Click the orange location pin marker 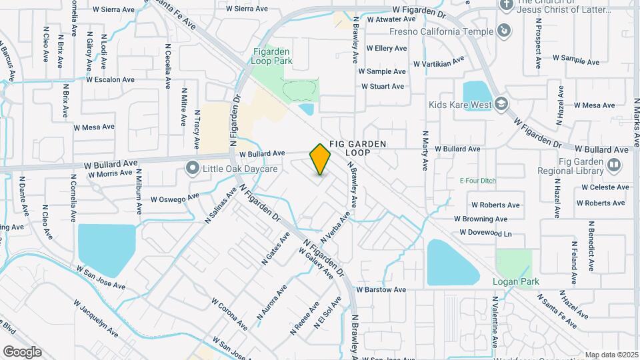pos(321,159)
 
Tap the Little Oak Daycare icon pos(193,168)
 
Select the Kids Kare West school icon pos(501,104)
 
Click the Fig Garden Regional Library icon pos(613,164)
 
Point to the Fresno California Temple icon pos(505,31)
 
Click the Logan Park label pos(515,281)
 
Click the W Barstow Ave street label pos(381,290)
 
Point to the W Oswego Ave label pos(175,198)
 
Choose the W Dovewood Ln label pos(485,233)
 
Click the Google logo pos(22,351)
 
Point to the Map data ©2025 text pos(611,355)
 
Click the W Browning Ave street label pos(480,219)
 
